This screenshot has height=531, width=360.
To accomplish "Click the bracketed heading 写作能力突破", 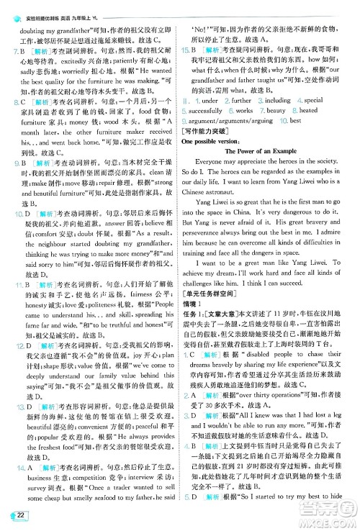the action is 212,132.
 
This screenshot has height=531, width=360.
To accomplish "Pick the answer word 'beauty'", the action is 276,112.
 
